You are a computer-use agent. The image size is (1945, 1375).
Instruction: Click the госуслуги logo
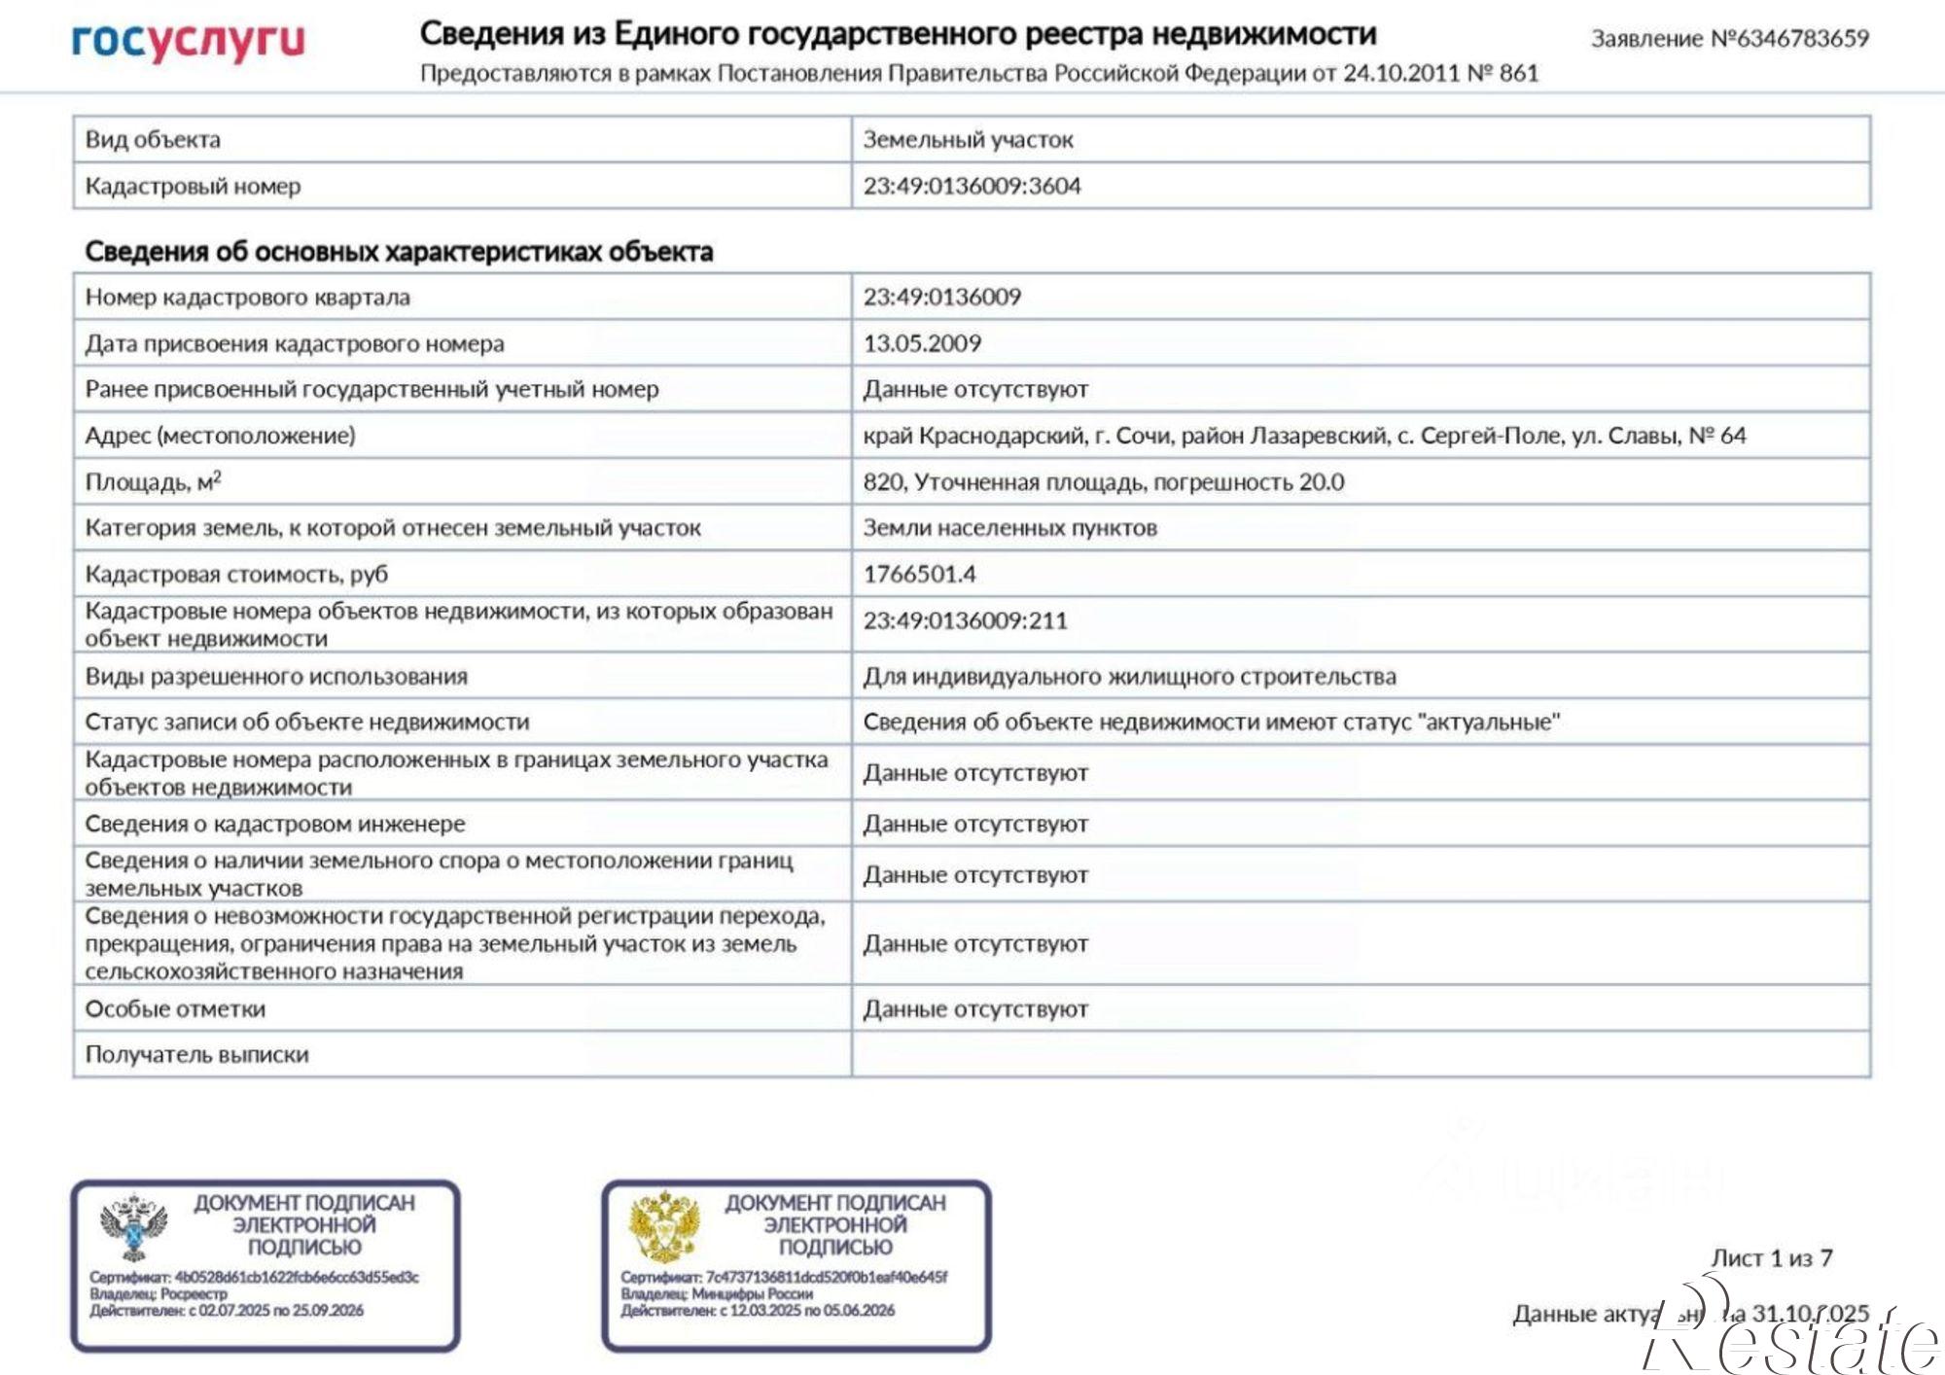tap(189, 41)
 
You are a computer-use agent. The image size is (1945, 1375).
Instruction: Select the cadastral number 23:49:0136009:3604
tap(972, 186)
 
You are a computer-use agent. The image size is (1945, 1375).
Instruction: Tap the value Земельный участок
tap(968, 140)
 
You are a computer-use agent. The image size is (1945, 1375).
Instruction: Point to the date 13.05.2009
tap(922, 343)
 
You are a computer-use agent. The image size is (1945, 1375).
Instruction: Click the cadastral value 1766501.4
tap(919, 574)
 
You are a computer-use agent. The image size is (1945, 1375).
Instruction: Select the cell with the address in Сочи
tap(1303, 436)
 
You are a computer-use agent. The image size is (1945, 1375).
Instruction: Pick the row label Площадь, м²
tap(154, 482)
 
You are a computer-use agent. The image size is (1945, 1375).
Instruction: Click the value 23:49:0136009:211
tap(965, 620)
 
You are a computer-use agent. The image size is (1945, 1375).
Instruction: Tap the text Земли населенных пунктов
tap(1009, 528)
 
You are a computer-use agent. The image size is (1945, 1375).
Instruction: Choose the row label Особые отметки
tap(175, 1009)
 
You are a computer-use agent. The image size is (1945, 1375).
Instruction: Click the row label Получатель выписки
tap(196, 1055)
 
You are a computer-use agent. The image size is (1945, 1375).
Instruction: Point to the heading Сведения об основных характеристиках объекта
tap(399, 252)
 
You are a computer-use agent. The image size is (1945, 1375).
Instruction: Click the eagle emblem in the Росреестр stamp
tap(134, 1227)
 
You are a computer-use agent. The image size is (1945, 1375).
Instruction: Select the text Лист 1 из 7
tap(1771, 1258)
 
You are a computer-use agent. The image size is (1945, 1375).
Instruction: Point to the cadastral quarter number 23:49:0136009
tap(941, 298)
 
